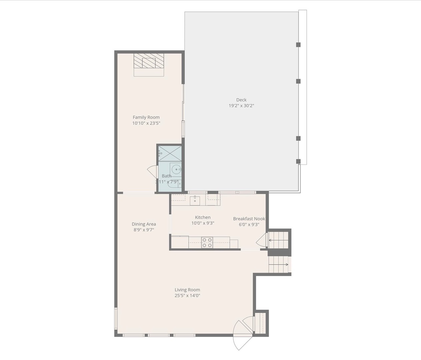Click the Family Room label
[146, 117]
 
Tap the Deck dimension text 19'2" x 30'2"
[241, 106]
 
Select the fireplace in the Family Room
[149, 62]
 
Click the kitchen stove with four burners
[207, 242]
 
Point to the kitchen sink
[195, 201]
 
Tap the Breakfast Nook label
[249, 219]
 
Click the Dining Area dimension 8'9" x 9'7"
[144, 230]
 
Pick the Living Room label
[187, 290]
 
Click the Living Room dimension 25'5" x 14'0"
[187, 295]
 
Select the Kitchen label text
[203, 217]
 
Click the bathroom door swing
[153, 171]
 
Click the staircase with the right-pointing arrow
[278, 265]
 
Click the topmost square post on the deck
[298, 45]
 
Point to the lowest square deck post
[298, 161]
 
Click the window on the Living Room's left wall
[116, 318]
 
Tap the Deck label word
[241, 100]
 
